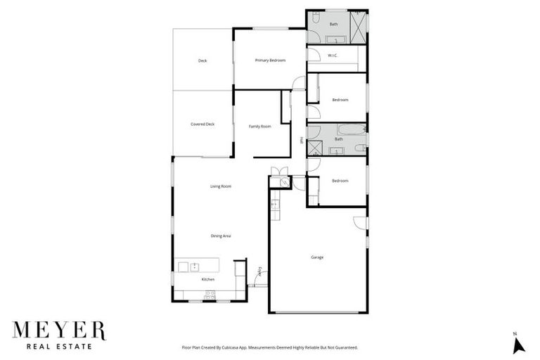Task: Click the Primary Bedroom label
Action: click(270, 60)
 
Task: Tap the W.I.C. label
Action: click(333, 55)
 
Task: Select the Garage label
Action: click(317, 257)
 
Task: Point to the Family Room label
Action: click(260, 127)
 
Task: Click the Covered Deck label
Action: click(202, 124)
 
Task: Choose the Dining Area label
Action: click(221, 236)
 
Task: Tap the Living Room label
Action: click(221, 186)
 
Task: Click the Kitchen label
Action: click(207, 280)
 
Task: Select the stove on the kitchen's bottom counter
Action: click(209, 297)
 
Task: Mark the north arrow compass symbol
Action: click(519, 344)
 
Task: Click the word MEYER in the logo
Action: click(58, 330)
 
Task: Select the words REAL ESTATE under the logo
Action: click(58, 347)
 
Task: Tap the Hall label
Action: click(302, 140)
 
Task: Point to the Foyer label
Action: click(259, 271)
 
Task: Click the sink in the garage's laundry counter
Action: click(275, 204)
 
